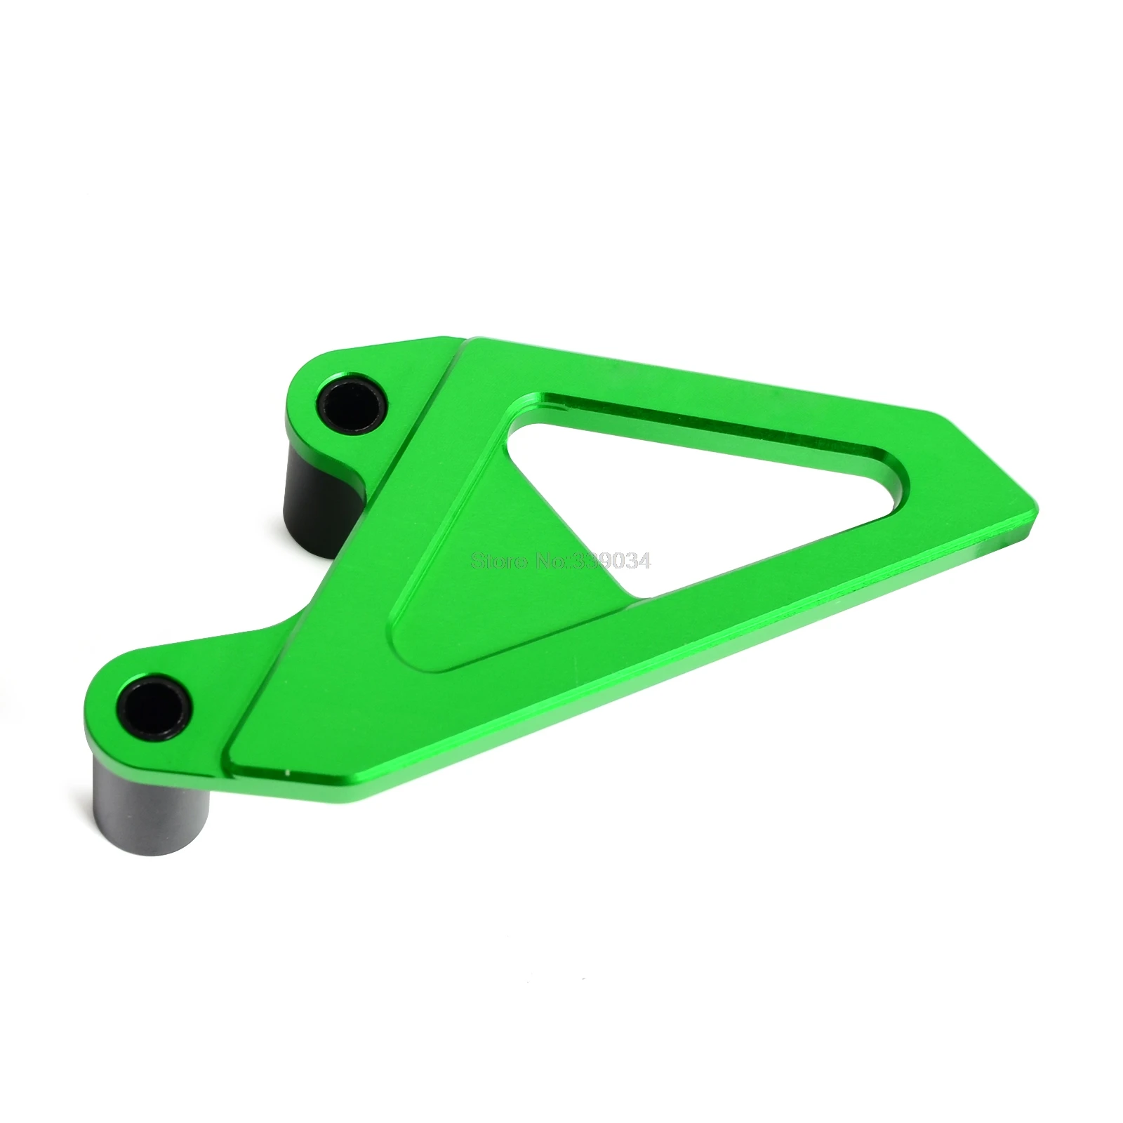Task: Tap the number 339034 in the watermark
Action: click(618, 561)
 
